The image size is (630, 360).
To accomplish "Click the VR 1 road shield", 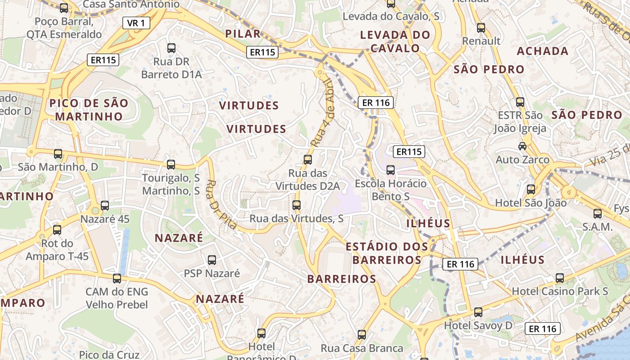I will click(x=136, y=23).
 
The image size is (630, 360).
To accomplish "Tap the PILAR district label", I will click(x=243, y=34).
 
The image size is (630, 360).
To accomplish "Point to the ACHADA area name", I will click(x=543, y=51).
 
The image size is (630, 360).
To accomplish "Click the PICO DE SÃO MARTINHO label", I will click(x=89, y=110).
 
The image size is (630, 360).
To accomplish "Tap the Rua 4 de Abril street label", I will click(x=320, y=113).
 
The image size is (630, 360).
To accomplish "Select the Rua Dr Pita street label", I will click(x=221, y=204).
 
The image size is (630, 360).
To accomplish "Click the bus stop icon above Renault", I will click(x=481, y=28).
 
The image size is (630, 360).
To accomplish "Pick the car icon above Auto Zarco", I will click(x=522, y=146).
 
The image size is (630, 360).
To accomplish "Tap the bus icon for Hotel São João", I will click(x=531, y=189).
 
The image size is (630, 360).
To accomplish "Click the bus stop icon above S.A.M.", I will click(x=598, y=214).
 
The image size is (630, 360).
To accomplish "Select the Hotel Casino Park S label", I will click(x=560, y=291).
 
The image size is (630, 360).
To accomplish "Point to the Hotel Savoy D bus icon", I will click(x=478, y=312).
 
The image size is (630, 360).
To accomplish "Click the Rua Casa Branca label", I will click(x=362, y=348).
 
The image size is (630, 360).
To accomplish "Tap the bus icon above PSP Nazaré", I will click(x=212, y=260).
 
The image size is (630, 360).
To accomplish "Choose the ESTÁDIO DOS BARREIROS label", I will click(x=387, y=253).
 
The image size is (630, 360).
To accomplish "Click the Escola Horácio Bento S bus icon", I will click(x=391, y=170).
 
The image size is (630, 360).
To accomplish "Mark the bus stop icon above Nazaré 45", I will click(x=105, y=206).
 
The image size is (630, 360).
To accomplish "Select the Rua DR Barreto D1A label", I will click(x=171, y=68).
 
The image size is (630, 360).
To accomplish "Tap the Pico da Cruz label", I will click(x=109, y=355).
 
